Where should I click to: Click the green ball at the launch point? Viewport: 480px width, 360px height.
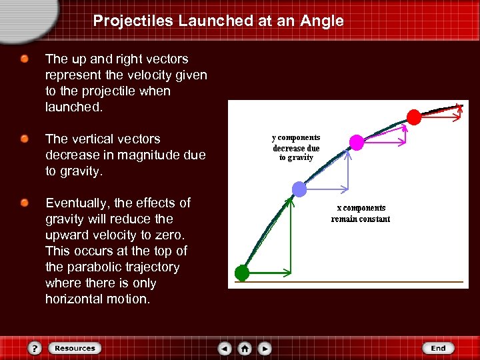pyautogui.click(x=242, y=273)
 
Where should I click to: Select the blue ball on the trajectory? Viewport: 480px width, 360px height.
pyautogui.click(x=300, y=189)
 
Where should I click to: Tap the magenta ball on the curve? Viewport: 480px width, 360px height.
pyautogui.click(x=357, y=142)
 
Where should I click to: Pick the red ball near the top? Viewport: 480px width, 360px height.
pyautogui.click(x=414, y=117)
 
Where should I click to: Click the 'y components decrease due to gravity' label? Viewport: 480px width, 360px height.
pyautogui.click(x=296, y=147)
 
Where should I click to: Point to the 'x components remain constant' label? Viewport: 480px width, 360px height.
pyautogui.click(x=361, y=213)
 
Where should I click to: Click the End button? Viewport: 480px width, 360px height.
pyautogui.click(x=438, y=348)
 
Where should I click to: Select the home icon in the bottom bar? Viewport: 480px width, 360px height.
pyautogui.click(x=245, y=348)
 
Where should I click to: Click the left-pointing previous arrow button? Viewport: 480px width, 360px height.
pyautogui.click(x=225, y=348)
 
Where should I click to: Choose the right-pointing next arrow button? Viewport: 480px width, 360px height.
pyautogui.click(x=265, y=348)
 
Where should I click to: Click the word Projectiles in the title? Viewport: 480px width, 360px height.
pyautogui.click(x=133, y=21)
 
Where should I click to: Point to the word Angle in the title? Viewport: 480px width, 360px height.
pyautogui.click(x=322, y=21)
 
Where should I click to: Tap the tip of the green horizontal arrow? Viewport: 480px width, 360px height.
pyautogui.click(x=290, y=272)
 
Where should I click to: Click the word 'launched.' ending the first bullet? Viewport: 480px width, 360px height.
pyautogui.click(x=74, y=107)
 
